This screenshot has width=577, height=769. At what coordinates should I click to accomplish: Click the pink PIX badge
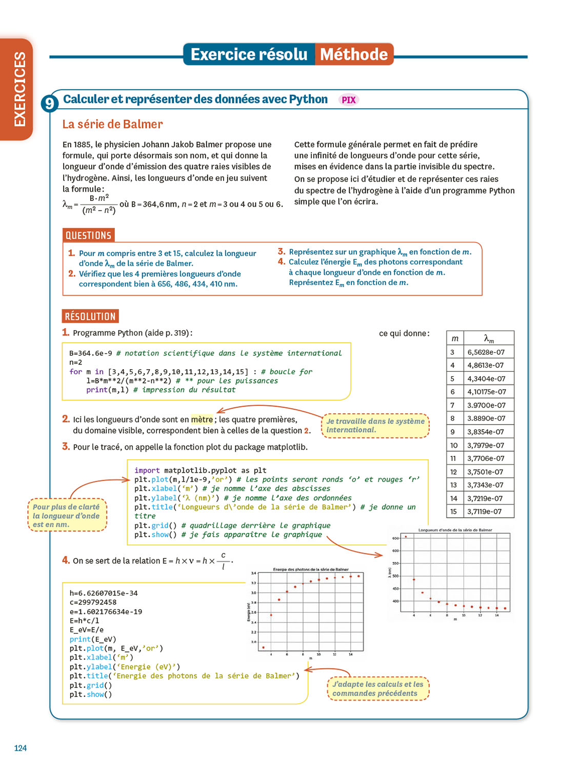tap(349, 100)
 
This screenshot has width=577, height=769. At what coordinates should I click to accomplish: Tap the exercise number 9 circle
tap(49, 104)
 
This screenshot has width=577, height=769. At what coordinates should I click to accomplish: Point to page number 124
tap(21, 748)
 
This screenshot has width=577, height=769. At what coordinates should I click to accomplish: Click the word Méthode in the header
tap(354, 54)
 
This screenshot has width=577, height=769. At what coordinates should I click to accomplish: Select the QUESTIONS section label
tap(88, 235)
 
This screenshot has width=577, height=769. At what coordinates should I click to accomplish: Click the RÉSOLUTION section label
tap(90, 316)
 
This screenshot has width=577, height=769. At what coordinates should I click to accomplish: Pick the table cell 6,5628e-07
tap(486, 352)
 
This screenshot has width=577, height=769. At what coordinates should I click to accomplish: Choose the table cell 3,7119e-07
tap(484, 511)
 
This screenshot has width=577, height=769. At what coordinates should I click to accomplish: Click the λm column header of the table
tap(489, 338)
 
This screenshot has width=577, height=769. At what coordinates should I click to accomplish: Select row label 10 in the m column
tap(454, 445)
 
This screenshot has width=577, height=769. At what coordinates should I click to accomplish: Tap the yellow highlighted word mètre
tap(202, 419)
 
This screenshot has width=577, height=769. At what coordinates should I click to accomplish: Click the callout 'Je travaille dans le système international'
tap(375, 426)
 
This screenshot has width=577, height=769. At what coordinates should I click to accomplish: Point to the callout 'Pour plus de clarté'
tap(67, 515)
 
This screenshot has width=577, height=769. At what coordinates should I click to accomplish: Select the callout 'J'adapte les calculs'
tap(378, 689)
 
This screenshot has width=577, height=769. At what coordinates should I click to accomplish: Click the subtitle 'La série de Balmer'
tap(112, 124)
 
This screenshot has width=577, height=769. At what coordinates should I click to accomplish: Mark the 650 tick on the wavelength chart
tap(395, 538)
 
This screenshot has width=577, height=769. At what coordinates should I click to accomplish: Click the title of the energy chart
tap(311, 569)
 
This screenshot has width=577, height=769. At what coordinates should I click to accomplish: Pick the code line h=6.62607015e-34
tap(104, 593)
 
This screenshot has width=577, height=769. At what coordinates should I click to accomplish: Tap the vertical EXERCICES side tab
tap(19, 89)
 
